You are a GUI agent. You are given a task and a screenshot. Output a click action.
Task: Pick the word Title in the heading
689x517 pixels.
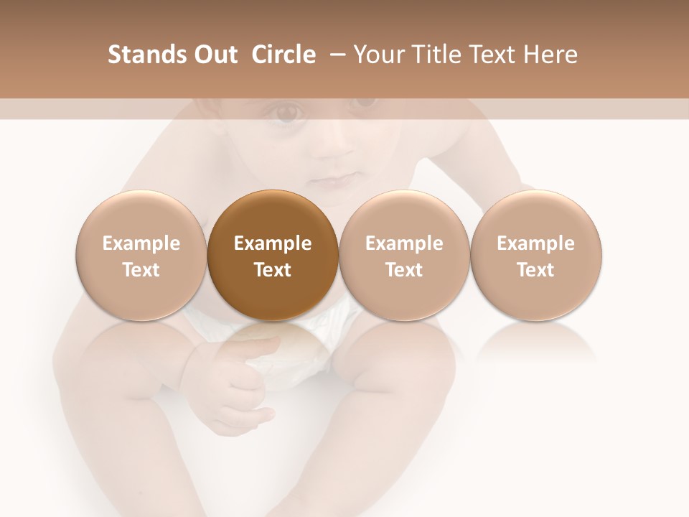(x=436, y=55)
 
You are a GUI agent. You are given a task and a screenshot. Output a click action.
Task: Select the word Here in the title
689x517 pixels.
(x=550, y=55)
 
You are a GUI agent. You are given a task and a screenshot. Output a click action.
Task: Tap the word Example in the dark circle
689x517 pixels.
(x=273, y=243)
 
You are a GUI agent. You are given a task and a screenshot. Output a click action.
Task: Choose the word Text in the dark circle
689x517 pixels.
(x=273, y=270)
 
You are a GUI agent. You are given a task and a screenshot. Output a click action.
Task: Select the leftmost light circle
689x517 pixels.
(x=141, y=256)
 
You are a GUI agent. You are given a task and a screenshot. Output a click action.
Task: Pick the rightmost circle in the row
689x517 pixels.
(x=536, y=256)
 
